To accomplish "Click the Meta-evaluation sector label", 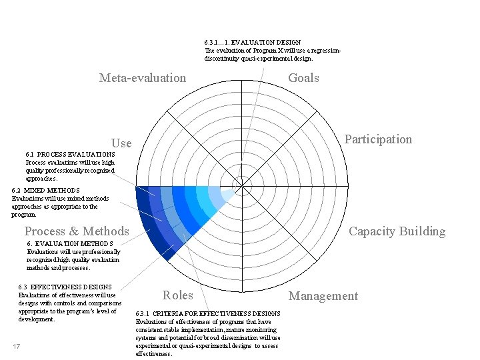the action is coord(143,78).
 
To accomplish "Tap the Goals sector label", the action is coord(303,78).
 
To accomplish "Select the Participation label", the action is coord(378,139).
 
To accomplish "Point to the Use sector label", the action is coord(121,143).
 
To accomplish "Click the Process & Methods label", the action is coord(77,231).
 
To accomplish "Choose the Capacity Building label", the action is coord(397,231).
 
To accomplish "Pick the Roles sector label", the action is coord(177,295).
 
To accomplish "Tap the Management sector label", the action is coord(323,296).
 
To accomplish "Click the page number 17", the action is coord(16,345).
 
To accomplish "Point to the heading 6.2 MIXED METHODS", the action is coord(45,191).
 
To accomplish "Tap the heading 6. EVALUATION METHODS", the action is coord(69,244).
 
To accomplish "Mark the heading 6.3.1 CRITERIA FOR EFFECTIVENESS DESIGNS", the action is coord(207,313).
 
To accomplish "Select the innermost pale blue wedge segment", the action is coord(228,194).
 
